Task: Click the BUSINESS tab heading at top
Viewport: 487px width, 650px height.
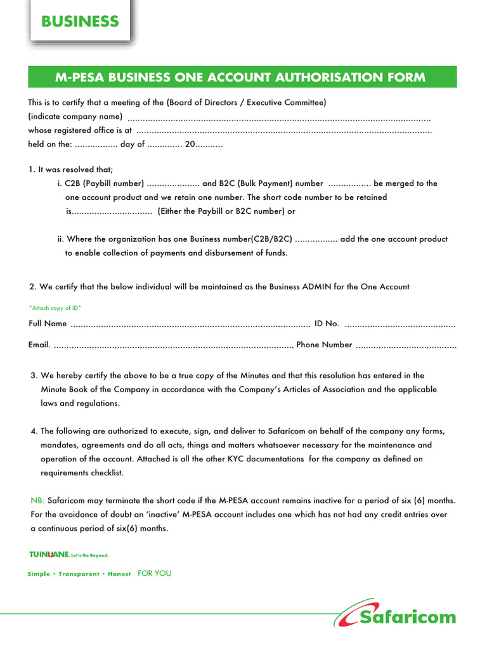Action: [80, 22]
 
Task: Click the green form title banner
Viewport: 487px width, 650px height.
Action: [240, 77]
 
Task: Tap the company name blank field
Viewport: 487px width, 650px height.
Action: [279, 119]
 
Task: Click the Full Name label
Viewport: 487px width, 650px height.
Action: [48, 324]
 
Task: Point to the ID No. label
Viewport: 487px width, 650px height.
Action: [327, 324]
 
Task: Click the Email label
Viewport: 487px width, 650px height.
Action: [39, 345]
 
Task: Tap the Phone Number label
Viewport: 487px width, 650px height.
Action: [324, 345]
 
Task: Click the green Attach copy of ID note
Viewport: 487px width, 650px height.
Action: [55, 308]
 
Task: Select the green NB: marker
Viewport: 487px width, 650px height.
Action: [37, 500]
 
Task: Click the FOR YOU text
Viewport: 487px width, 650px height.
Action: [154, 573]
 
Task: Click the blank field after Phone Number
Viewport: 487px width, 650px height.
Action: [406, 346]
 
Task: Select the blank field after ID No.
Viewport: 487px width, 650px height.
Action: [400, 325]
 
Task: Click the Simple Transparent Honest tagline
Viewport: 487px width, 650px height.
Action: [79, 574]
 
